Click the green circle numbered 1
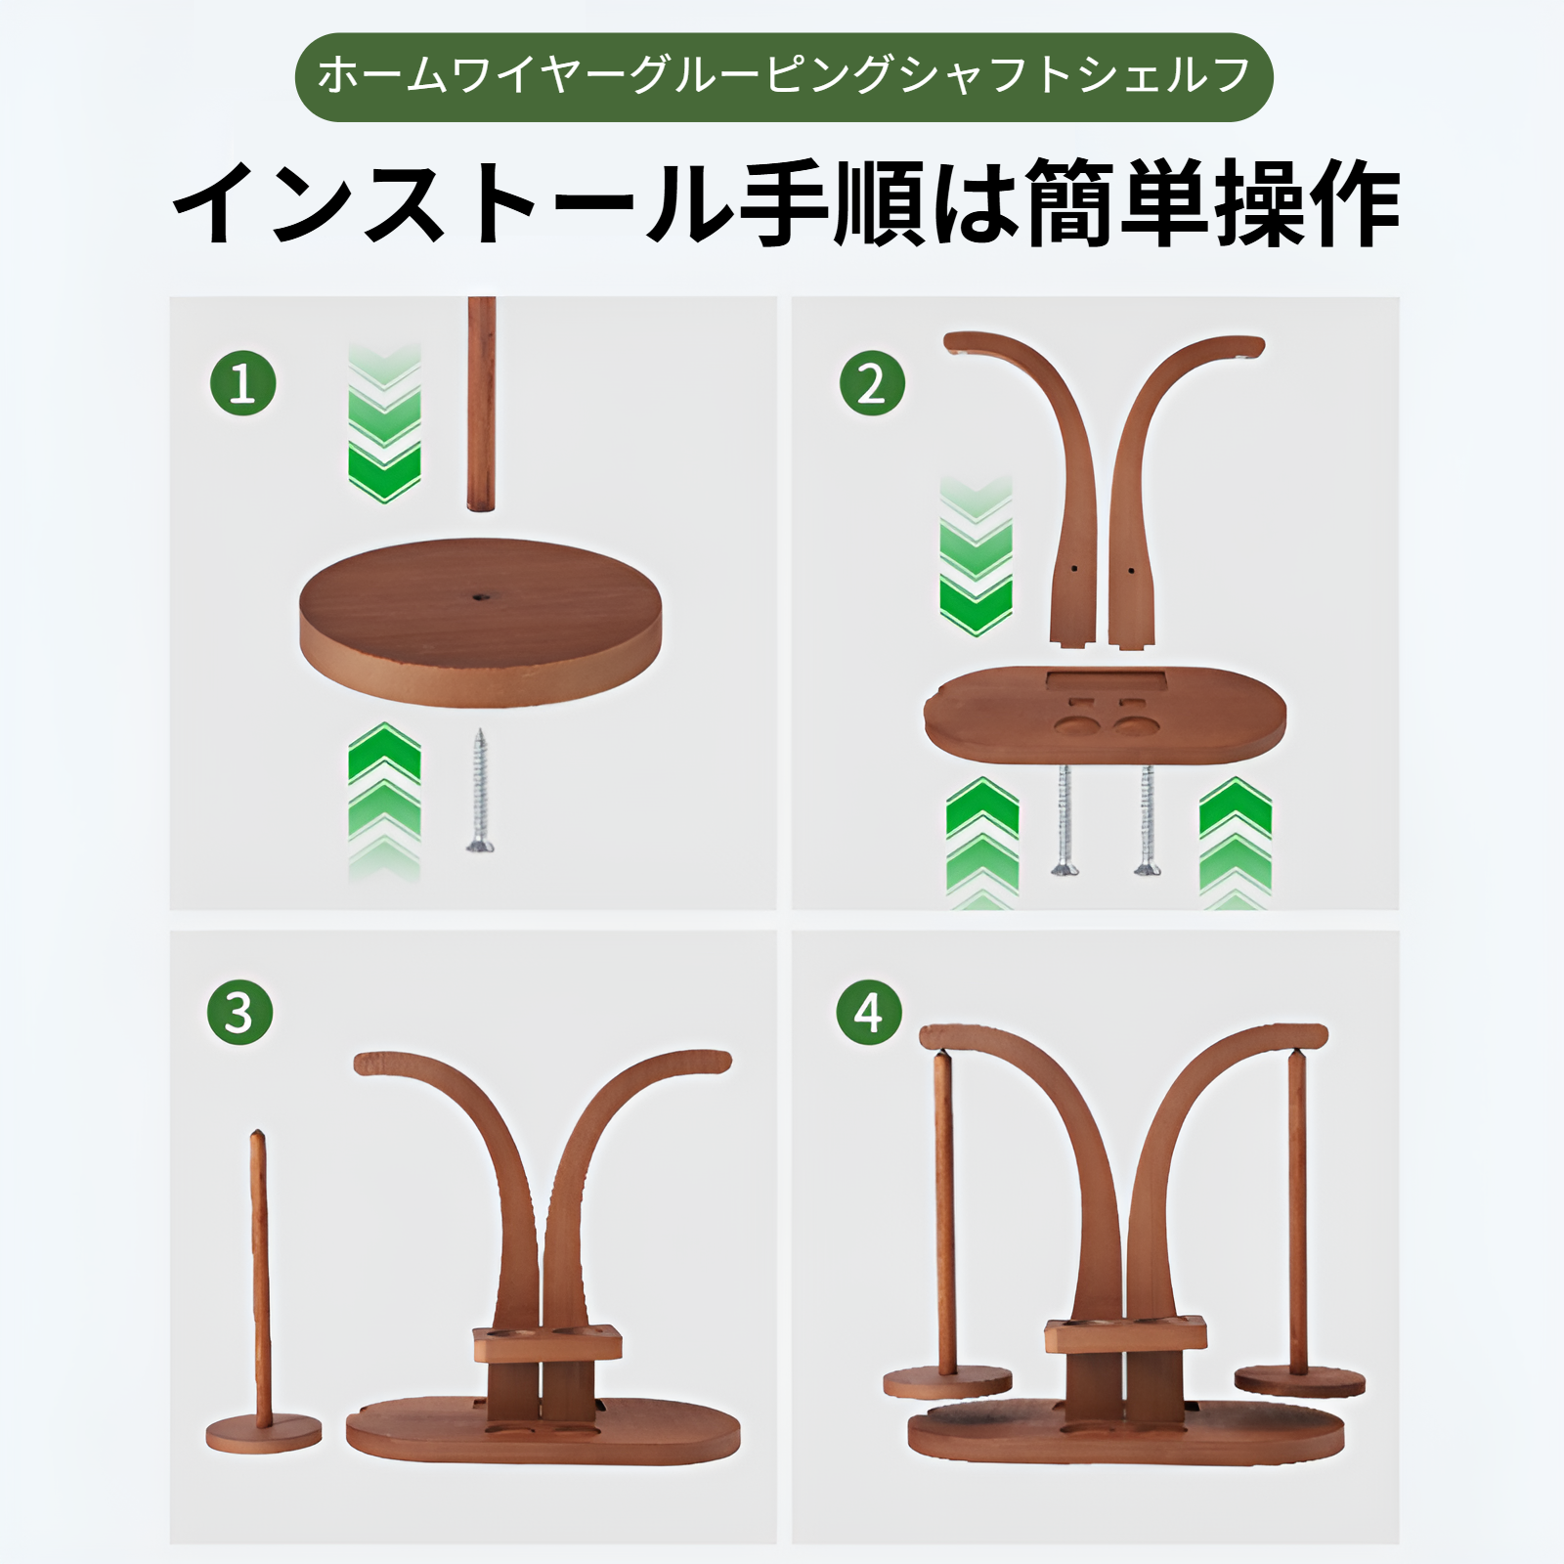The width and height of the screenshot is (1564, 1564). (243, 383)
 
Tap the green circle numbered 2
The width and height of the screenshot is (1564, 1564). (872, 383)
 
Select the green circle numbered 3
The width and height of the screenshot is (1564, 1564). (239, 1013)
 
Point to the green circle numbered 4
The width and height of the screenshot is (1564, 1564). (869, 1013)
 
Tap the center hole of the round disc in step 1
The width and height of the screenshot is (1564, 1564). (479, 594)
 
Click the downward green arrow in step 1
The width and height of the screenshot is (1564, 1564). (384, 425)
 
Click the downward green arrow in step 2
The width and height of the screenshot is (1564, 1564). (976, 557)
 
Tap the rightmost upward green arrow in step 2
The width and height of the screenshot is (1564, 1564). (1236, 841)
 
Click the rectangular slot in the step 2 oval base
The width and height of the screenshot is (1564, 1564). (1105, 679)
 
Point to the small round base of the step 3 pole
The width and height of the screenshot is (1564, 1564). (263, 1433)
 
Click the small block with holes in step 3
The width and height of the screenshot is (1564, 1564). (547, 1343)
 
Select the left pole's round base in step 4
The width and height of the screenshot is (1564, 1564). (947, 1382)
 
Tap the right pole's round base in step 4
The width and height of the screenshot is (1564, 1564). (1299, 1382)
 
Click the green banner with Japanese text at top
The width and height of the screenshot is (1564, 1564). (783, 77)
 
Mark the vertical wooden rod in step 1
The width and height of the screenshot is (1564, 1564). (481, 403)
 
